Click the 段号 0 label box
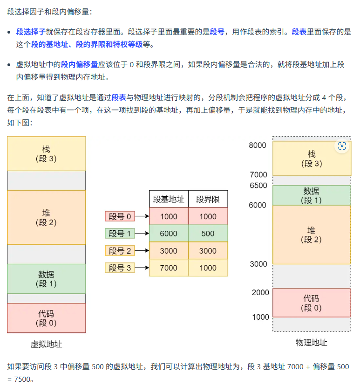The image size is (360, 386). point(120,216)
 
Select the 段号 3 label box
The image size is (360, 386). point(120,268)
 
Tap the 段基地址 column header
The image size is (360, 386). point(169,200)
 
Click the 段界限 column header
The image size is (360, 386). point(208,200)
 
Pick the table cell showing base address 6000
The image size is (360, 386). point(169,234)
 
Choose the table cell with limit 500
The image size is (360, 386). point(208,234)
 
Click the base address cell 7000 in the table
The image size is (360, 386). point(169,268)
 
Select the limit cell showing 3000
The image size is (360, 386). point(208,251)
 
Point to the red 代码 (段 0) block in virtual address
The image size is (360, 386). point(46,318)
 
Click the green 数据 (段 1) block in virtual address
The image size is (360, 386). point(46,279)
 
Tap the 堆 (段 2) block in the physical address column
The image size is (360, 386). point(311,235)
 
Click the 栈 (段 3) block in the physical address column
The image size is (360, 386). point(311,159)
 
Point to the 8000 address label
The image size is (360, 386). point(258,145)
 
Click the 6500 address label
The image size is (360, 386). point(258,185)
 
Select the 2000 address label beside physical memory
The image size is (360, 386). point(260,292)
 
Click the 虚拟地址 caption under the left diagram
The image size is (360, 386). point(46,345)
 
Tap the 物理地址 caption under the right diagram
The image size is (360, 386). point(311,343)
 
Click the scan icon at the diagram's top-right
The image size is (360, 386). point(342,146)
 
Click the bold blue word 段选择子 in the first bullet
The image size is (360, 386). point(31,32)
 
